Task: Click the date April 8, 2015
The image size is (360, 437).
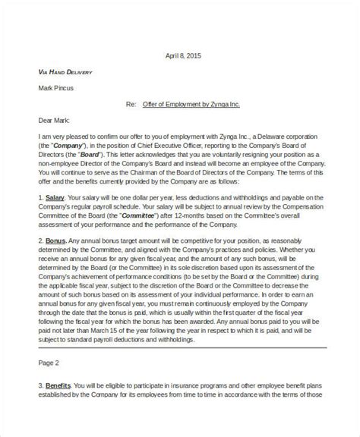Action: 185,55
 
